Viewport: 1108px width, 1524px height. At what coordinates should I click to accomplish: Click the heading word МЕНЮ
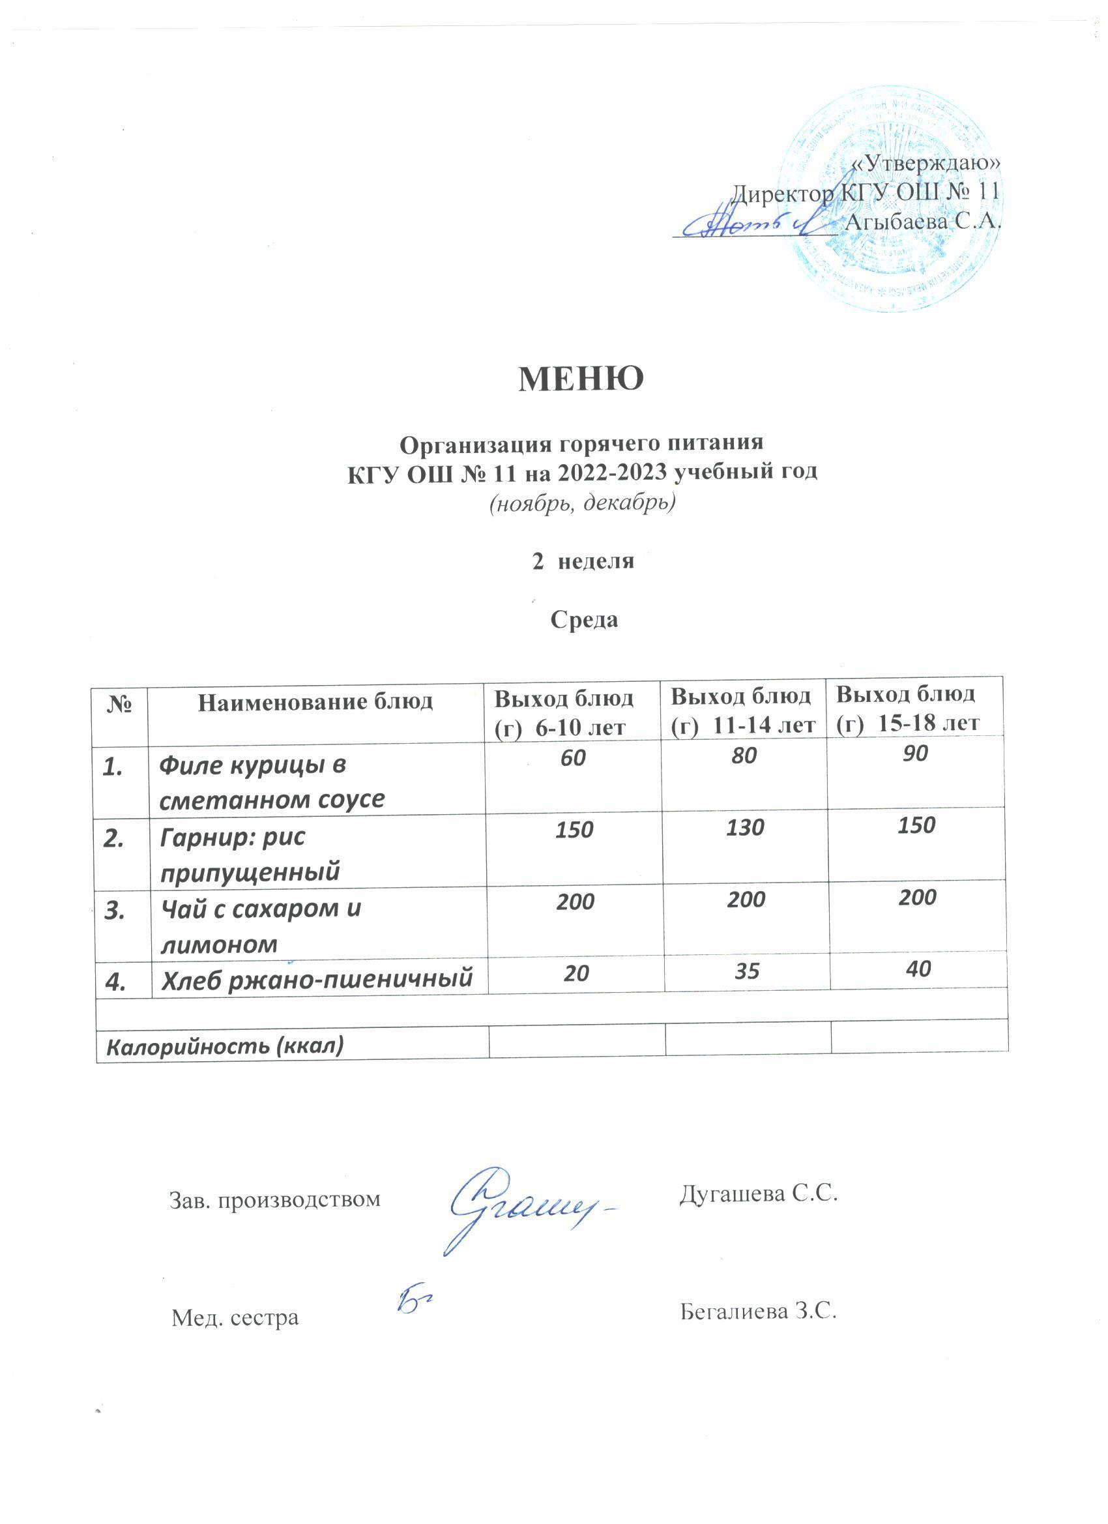coord(581,379)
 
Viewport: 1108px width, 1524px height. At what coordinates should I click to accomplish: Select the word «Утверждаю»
coord(926,162)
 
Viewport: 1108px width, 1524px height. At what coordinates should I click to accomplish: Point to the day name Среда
coord(584,619)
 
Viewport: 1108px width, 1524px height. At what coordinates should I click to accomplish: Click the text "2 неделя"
coord(583,561)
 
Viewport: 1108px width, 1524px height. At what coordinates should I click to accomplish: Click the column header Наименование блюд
coord(315,702)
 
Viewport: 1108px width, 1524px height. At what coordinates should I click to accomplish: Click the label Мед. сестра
coord(235,1318)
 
